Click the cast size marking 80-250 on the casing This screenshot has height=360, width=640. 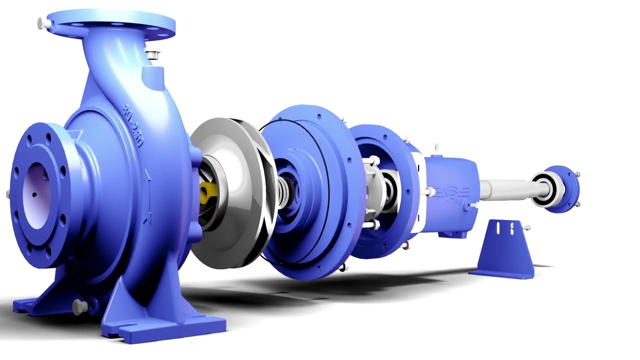pyautogui.click(x=133, y=125)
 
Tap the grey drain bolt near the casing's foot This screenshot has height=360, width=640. pyautogui.click(x=79, y=306)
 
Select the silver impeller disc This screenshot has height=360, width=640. pyautogui.click(x=230, y=190)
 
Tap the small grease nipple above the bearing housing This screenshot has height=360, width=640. pyautogui.click(x=436, y=147)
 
